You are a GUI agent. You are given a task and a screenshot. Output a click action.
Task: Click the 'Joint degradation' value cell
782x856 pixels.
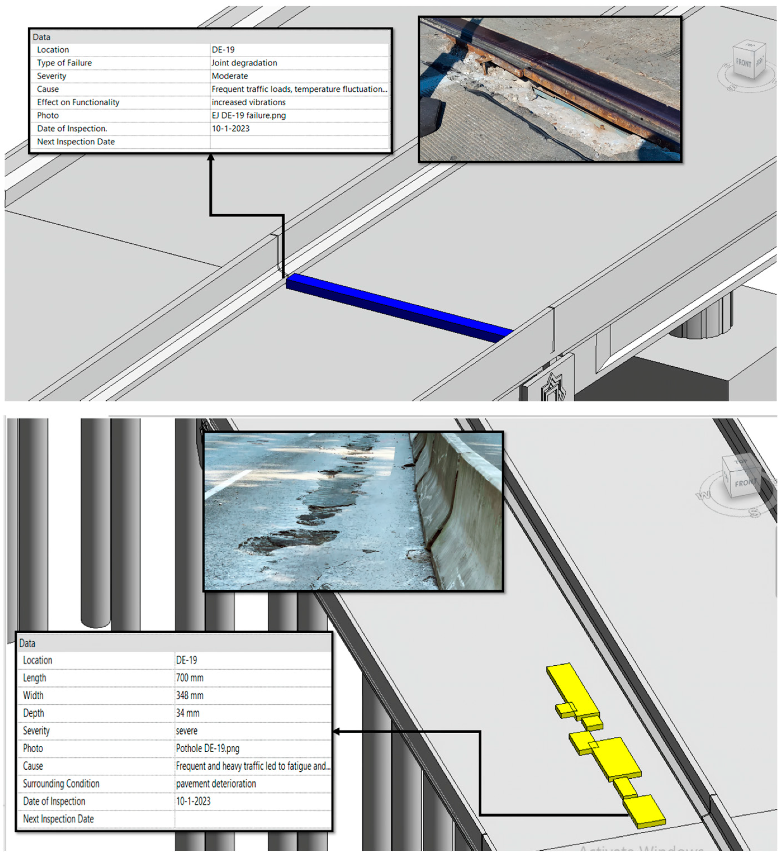pos(244,63)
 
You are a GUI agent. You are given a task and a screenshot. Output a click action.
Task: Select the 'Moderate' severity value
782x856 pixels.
pos(230,76)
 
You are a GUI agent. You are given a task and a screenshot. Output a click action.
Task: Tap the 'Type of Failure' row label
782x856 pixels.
pos(64,63)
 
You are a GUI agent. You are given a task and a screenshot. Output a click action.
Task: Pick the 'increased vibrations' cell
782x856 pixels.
pos(248,102)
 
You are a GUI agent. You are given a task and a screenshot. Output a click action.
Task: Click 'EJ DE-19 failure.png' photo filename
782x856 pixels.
pos(248,115)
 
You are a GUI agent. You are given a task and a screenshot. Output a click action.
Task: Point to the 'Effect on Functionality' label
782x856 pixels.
pos(78,102)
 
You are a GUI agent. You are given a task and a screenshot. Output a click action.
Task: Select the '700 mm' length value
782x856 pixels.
pos(190,678)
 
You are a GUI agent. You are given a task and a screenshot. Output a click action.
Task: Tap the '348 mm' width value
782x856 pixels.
pos(190,696)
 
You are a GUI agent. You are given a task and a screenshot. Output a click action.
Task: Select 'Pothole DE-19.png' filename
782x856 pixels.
pos(208,748)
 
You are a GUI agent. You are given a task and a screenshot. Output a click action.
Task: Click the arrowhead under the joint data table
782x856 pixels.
pos(211,158)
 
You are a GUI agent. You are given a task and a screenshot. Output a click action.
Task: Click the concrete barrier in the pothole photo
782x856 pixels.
pos(458,510)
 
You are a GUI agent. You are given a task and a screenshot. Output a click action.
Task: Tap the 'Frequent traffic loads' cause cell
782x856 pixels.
pos(299,89)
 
